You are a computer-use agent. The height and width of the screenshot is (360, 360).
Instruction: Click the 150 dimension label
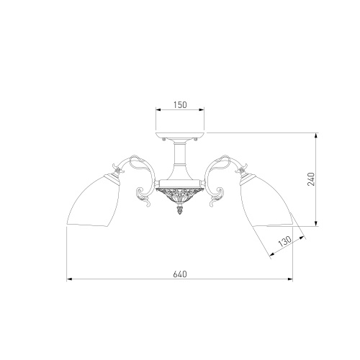point(180,105)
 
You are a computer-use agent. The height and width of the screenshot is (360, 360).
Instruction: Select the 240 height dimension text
point(311,179)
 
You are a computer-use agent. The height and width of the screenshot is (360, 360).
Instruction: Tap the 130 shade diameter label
point(285,242)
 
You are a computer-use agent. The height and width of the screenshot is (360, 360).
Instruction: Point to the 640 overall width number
point(180,274)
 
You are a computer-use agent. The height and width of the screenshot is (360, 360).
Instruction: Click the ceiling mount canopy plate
point(180,136)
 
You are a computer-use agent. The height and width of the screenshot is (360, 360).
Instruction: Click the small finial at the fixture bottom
point(180,209)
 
